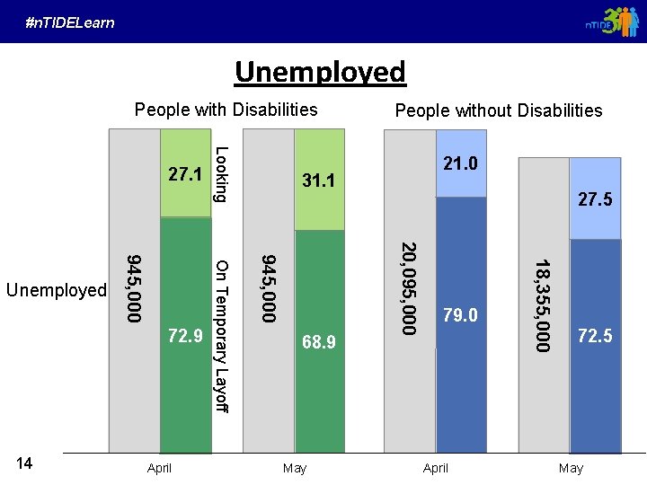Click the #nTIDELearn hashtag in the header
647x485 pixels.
click(70, 22)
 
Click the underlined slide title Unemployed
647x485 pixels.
click(321, 71)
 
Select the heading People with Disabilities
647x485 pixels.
click(226, 110)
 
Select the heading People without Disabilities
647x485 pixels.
click(499, 110)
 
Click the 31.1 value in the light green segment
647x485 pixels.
click(318, 181)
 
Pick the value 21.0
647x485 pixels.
click(461, 164)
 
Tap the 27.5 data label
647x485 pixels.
click(595, 199)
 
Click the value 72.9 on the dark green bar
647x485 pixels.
click(184, 337)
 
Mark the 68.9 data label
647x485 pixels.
click(318, 342)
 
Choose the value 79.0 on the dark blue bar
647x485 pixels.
click(461, 315)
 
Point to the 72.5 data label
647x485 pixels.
click(595, 337)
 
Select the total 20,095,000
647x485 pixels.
click(409, 288)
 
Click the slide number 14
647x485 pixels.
click(25, 463)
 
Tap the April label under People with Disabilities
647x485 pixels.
click(159, 468)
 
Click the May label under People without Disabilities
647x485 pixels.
click(571, 468)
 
